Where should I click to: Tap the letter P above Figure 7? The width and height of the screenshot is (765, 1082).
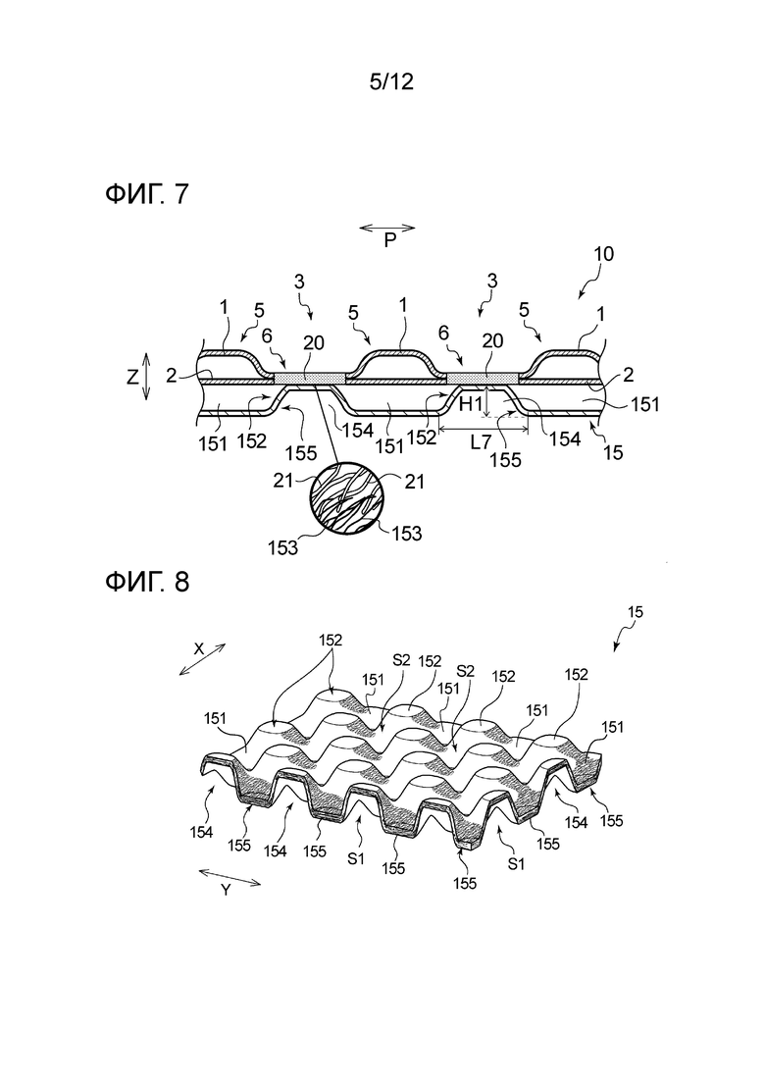[389, 241]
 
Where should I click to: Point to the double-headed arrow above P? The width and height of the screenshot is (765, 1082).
[387, 228]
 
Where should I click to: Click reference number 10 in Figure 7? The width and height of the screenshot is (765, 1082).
[603, 253]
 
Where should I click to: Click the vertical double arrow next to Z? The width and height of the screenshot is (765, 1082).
[147, 378]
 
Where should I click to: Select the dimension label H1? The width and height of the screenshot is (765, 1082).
[471, 402]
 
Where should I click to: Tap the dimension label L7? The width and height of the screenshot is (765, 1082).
[480, 442]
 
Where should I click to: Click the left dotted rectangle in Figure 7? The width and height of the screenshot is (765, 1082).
[310, 377]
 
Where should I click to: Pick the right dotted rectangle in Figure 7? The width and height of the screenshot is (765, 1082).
[482, 377]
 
